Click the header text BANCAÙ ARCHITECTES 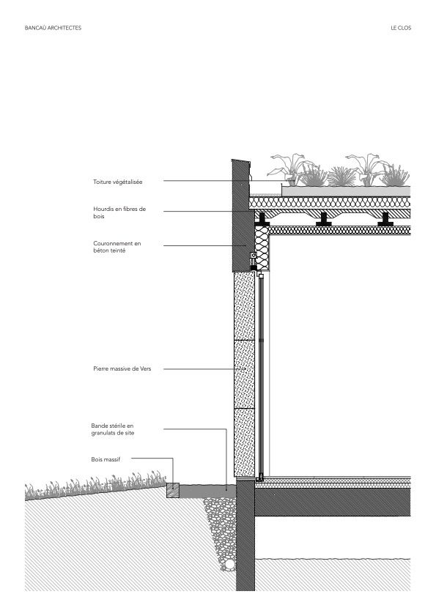[53, 29]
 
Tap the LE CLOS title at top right [401, 29]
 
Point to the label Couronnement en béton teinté [117, 246]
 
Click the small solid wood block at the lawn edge [173, 489]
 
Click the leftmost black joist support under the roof [262, 217]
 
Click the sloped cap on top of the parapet [240, 160]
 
